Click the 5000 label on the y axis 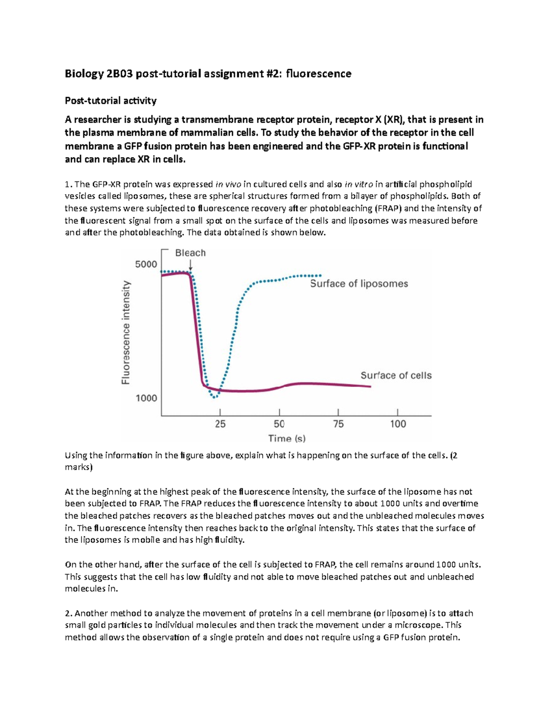click(x=146, y=264)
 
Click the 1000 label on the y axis click(x=146, y=398)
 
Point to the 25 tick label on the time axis click(x=220, y=424)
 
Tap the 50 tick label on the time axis click(x=279, y=424)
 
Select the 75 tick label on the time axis click(x=338, y=424)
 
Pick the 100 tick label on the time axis click(x=398, y=424)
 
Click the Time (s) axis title click(x=287, y=438)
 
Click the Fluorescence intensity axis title click(x=126, y=332)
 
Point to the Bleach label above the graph click(x=190, y=253)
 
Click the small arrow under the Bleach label click(x=190, y=266)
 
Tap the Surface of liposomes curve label click(x=359, y=284)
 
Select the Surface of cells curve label click(x=396, y=375)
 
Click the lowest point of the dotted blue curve click(x=214, y=397)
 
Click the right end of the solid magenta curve click(x=370, y=386)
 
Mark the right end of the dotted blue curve click(x=320, y=275)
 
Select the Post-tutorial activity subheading click(x=110, y=100)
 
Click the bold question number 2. click(x=68, y=613)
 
